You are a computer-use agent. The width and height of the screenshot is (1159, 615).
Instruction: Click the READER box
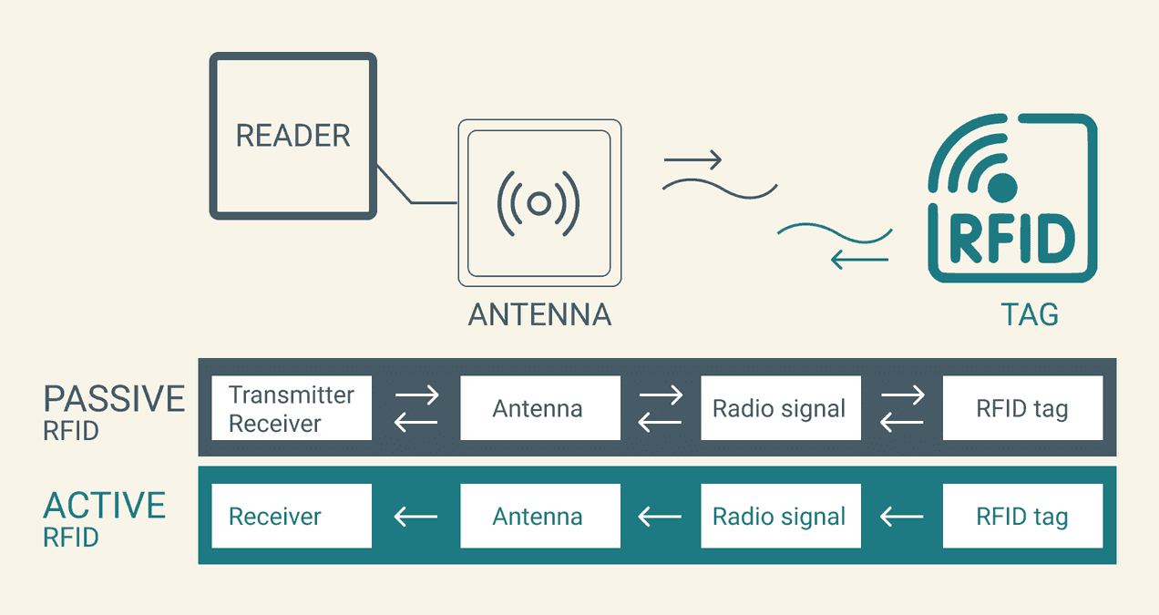click(x=292, y=136)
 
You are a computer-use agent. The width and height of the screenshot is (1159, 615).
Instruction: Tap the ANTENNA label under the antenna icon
click(x=539, y=314)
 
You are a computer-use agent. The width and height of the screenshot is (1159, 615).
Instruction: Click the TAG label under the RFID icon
click(x=1030, y=314)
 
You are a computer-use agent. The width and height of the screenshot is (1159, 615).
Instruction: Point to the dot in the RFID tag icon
click(x=1002, y=188)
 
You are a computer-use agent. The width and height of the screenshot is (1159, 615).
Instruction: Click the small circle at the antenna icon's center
click(x=538, y=203)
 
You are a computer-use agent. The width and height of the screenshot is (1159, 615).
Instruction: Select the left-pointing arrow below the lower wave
click(x=859, y=261)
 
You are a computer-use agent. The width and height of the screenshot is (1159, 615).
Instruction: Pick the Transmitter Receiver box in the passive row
click(x=292, y=408)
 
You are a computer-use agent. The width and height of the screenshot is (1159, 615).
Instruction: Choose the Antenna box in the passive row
click(x=539, y=408)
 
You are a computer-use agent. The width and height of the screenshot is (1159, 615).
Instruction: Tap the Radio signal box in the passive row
click(x=780, y=408)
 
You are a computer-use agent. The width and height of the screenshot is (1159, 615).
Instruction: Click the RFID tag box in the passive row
click(x=1022, y=408)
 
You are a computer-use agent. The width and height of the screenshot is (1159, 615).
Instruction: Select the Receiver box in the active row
click(x=292, y=516)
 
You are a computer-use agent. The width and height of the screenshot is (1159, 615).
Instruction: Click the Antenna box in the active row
click(x=539, y=516)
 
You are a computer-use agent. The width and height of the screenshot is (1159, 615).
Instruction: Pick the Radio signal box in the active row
click(x=780, y=516)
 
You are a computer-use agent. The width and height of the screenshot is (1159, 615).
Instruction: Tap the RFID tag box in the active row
click(x=1022, y=516)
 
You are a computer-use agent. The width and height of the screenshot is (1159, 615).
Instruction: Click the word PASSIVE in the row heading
click(x=114, y=399)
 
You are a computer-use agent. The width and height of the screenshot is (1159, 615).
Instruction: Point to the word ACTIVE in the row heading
click(x=105, y=506)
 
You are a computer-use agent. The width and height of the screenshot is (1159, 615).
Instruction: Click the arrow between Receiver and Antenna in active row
click(x=415, y=517)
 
